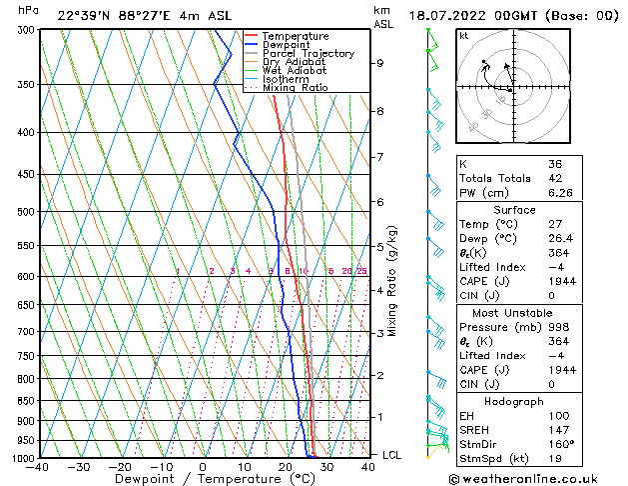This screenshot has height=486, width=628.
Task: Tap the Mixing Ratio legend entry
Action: tap(296, 88)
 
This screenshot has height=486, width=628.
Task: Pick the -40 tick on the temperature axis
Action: tap(38, 466)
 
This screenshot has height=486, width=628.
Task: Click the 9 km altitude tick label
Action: tap(379, 63)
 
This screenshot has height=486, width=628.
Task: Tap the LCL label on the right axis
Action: tap(392, 455)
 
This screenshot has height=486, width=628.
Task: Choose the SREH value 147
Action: tap(557, 429)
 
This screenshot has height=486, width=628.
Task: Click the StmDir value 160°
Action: tap(560, 444)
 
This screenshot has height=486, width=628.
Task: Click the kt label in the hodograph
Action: tap(464, 36)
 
